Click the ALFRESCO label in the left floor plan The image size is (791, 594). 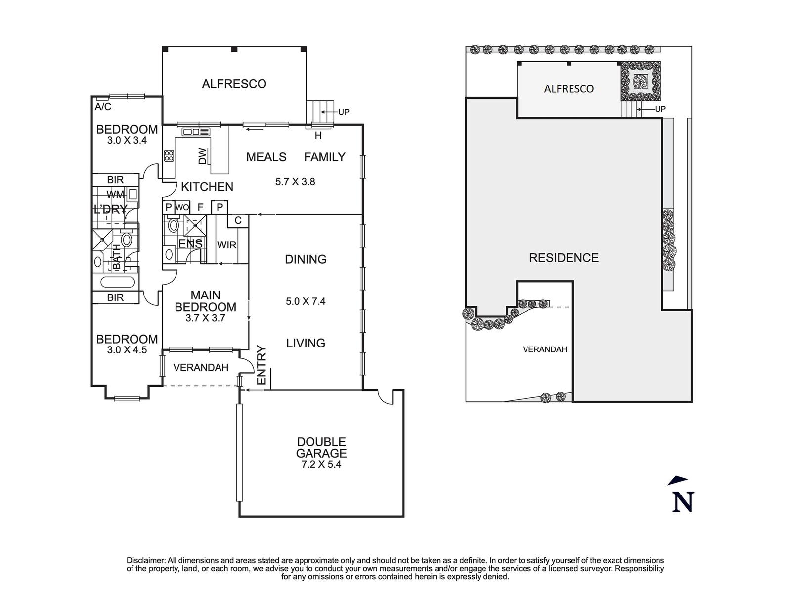234,84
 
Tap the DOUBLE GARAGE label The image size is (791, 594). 321,447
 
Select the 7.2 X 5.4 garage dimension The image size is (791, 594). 321,465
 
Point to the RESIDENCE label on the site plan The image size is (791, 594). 564,258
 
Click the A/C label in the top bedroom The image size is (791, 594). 103,107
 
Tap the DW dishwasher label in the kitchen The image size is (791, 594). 202,157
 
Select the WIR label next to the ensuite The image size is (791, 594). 226,245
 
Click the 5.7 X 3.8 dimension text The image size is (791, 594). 295,182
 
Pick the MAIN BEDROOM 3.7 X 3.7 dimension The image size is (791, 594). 205,318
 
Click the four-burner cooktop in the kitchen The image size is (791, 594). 169,156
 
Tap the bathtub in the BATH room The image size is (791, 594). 117,283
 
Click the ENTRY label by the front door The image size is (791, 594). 262,365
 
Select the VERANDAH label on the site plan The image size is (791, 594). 545,349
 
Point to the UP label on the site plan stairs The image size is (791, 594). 660,109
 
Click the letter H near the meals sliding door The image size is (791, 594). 318,136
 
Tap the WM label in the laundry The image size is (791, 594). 115,194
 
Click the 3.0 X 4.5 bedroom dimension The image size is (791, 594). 127,350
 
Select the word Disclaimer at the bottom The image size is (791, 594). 145,560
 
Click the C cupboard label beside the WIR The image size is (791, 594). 238,220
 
